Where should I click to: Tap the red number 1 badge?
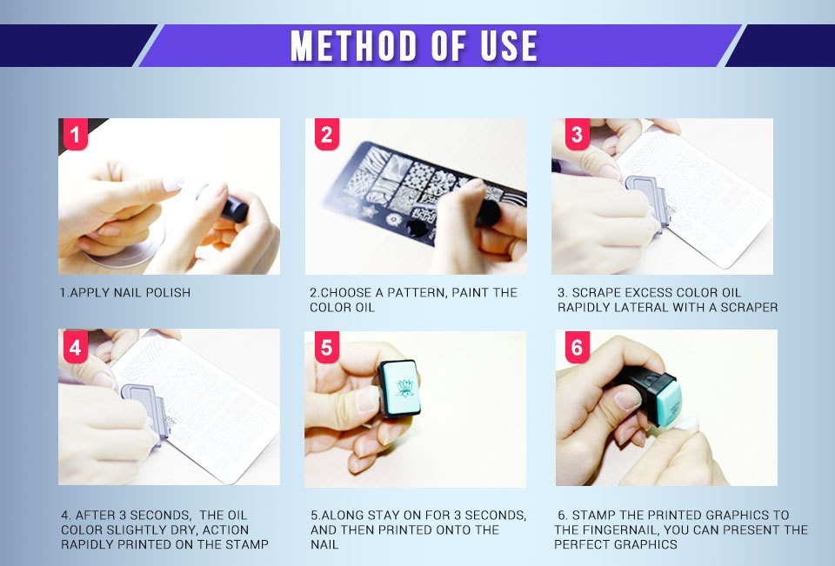point(76,135)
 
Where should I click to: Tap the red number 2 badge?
point(326,135)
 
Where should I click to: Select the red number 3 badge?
point(577,135)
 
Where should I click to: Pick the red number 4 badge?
point(76,348)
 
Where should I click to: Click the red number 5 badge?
point(326,348)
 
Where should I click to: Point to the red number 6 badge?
point(577,348)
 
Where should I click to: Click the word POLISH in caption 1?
point(167,293)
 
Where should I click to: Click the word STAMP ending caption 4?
point(249,544)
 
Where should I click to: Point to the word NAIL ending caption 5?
point(324,544)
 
